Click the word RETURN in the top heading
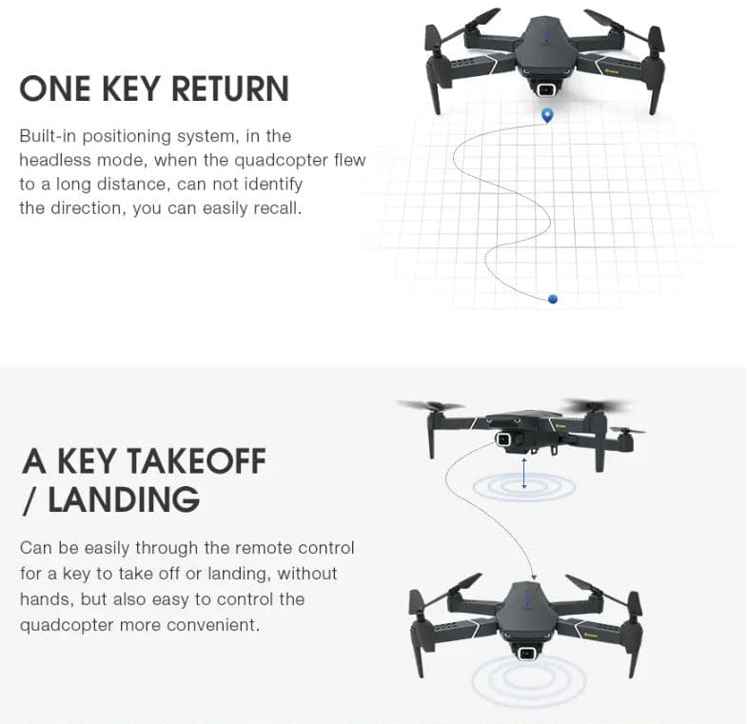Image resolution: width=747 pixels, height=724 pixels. [229, 88]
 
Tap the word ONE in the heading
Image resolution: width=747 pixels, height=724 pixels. [55, 88]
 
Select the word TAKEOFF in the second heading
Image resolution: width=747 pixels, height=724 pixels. [196, 461]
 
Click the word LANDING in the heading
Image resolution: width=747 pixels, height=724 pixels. [124, 499]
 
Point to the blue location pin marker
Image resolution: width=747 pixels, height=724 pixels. [548, 115]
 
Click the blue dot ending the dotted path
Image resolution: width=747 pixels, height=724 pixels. [553, 299]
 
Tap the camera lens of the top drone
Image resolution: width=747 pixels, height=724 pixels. [544, 90]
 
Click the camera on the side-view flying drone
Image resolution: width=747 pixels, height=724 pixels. [502, 440]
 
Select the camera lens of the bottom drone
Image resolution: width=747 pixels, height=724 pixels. [526, 654]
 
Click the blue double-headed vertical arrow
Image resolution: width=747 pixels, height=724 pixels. [524, 473]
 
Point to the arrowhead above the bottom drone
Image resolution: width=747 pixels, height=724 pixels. [534, 577]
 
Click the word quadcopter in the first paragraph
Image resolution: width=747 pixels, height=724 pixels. [281, 161]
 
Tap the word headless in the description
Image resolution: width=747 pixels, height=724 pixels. [55, 160]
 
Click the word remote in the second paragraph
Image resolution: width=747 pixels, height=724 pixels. [263, 548]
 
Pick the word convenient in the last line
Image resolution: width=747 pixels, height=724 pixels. [213, 624]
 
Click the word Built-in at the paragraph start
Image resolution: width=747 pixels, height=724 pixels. [48, 136]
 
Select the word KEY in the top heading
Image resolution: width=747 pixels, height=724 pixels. [130, 88]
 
